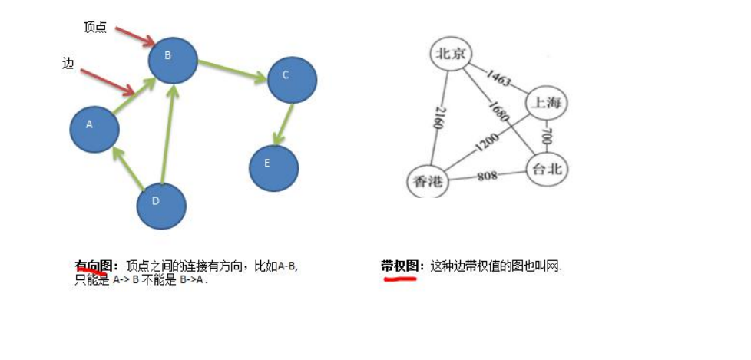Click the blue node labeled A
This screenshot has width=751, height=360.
tap(94, 128)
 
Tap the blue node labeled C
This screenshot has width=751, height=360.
tap(292, 80)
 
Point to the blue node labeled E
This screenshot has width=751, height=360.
tap(273, 167)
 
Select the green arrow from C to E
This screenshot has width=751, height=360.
tap(284, 123)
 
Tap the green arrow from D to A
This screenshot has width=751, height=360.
tap(128, 169)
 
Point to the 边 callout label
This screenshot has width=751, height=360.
tap(68, 64)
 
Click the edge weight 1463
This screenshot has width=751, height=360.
tap(498, 78)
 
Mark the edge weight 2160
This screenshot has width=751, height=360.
tap(436, 118)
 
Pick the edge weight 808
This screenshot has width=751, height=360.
tap(487, 176)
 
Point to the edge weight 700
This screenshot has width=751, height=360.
tap(547, 137)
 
